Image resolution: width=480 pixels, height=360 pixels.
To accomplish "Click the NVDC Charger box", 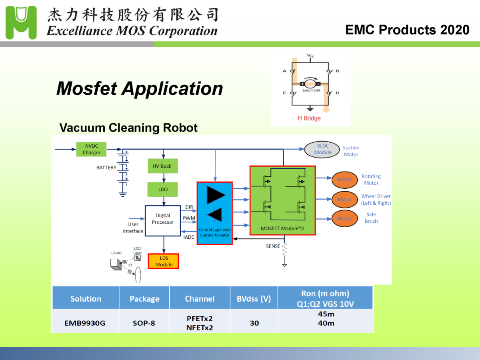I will coord(92,150).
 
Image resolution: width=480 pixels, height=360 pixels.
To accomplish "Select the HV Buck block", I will coord(162,166).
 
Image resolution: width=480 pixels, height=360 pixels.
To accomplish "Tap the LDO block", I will coord(163,190).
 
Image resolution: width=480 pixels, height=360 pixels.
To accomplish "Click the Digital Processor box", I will coord(163,220).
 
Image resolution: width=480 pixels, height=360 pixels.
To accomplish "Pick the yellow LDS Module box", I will coord(164,261).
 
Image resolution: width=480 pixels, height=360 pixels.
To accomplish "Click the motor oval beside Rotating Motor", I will coord(344,180).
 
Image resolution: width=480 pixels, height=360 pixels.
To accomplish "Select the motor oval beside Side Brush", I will coord(344,218).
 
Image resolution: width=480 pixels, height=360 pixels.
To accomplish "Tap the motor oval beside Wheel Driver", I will coord(344,199).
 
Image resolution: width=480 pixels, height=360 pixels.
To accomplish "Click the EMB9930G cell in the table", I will coord(85,323).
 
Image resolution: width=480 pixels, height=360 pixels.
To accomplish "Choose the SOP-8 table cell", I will coord(144,323).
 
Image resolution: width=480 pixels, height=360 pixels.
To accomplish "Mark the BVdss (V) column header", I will coord(254,298).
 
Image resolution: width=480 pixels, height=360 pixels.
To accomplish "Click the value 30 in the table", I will coord(254,323).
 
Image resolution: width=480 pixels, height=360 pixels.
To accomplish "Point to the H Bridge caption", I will coord(309,118).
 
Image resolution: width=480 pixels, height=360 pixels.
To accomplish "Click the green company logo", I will coord(21,22).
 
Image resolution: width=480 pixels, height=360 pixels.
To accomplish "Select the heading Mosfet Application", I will coord(139,88).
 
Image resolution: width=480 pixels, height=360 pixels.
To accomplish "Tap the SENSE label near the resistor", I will coord(273,246).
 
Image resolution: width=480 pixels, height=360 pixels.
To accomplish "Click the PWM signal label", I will coord(189,218).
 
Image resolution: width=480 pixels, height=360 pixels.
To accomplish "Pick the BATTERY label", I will coord(106,168).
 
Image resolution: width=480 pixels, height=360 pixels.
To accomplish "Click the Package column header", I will coord(144,298).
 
